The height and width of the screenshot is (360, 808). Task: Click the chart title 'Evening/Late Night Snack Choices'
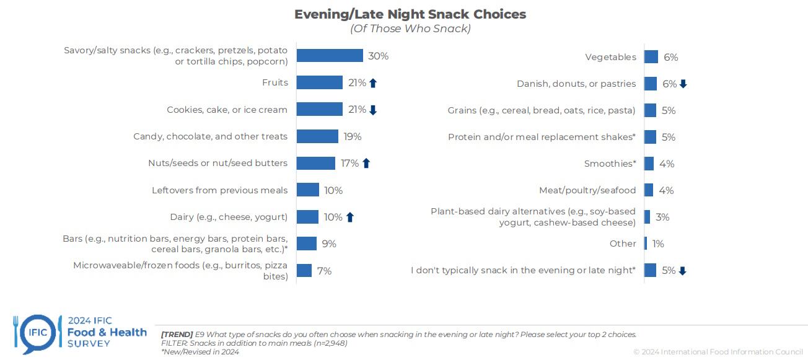tap(410, 14)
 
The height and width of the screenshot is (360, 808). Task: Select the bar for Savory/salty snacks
tap(330, 56)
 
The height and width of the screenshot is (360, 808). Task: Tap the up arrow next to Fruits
tap(373, 83)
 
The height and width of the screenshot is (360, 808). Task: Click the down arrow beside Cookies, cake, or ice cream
tap(373, 110)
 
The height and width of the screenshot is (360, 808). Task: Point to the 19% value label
tap(353, 136)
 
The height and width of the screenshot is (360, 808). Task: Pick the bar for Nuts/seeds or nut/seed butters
tap(315, 163)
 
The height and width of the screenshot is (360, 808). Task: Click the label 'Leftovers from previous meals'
tap(219, 190)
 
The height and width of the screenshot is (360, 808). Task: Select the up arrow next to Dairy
tap(350, 217)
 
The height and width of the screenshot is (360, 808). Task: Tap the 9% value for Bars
tap(329, 244)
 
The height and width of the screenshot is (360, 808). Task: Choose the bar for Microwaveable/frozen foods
tap(304, 271)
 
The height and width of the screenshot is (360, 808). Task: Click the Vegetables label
tap(610, 57)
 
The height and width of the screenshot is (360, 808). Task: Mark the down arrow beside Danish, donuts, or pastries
tap(683, 84)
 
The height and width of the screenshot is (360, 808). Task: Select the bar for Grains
tap(650, 110)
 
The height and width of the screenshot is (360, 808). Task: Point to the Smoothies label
tap(610, 164)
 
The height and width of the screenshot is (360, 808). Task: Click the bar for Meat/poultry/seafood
tap(649, 190)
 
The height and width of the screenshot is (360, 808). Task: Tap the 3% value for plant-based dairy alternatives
tap(662, 217)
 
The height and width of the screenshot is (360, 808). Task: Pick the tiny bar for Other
tap(646, 244)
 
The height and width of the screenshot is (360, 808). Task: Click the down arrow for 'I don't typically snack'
tap(683, 271)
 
